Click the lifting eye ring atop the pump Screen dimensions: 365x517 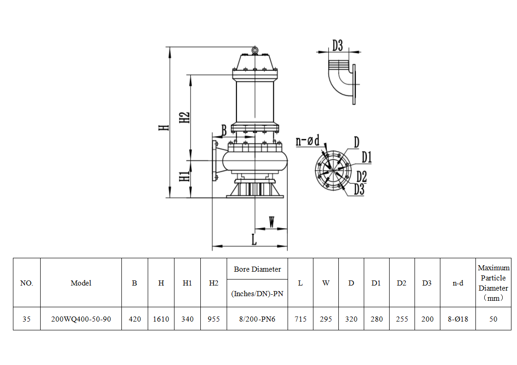[x=255, y=49]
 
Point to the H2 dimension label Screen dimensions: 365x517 [x=184, y=117]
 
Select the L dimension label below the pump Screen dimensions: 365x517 [x=253, y=239]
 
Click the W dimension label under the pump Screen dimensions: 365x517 [x=271, y=222]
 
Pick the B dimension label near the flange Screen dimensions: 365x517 [x=223, y=131]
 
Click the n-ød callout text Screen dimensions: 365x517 [x=308, y=140]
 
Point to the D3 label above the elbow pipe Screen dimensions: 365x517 [x=337, y=45]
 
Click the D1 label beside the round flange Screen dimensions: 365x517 [x=367, y=157]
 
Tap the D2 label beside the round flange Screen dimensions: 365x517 [x=361, y=176]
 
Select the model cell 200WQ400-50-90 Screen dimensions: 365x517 [x=81, y=319]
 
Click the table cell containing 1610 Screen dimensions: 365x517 [x=161, y=319]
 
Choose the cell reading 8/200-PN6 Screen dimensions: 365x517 [x=257, y=319]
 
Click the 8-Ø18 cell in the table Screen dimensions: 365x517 [x=457, y=319]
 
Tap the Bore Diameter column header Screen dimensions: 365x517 [x=257, y=269]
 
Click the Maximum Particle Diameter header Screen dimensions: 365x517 [x=493, y=283]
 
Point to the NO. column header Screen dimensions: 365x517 [x=27, y=283]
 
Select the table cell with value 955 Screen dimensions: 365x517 [x=214, y=319]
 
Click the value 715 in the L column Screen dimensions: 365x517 [x=301, y=319]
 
